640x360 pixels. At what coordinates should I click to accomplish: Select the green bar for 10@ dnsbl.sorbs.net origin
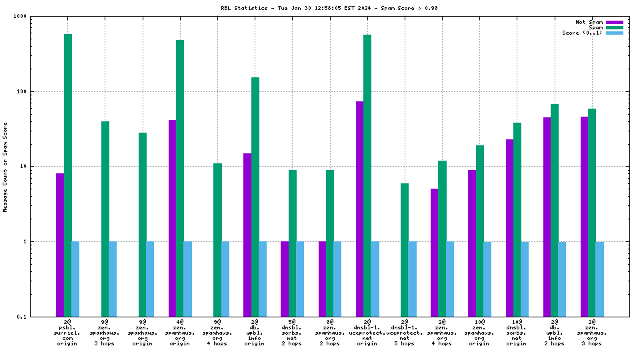[517, 219]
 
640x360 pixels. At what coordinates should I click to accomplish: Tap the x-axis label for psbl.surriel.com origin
[68, 333]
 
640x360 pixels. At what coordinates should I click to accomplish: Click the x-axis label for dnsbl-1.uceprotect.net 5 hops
[405, 333]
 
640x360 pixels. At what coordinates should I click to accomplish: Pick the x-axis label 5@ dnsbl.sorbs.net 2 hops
[292, 333]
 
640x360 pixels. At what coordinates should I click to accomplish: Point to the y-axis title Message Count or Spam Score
[5, 167]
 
